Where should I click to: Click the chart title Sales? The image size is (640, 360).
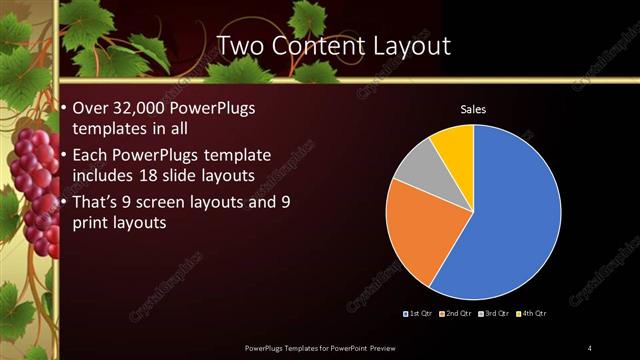(x=472, y=109)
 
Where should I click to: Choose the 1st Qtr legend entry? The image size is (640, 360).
(x=418, y=314)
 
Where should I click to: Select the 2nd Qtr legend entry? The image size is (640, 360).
(x=456, y=314)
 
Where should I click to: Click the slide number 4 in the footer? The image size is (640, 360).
(x=590, y=348)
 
